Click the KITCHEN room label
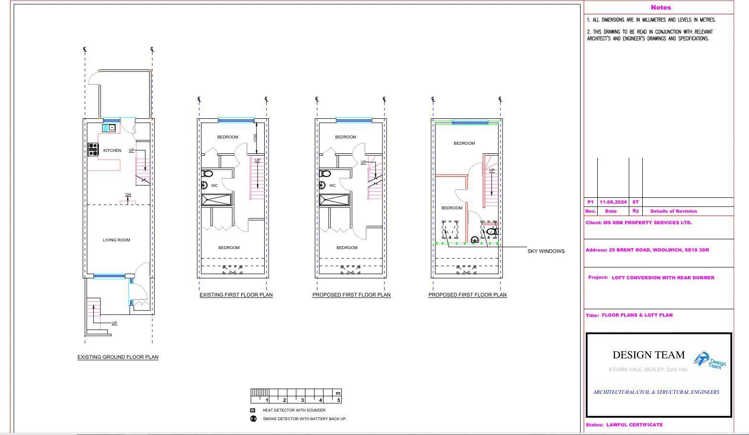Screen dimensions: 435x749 pyautogui.click(x=112, y=150)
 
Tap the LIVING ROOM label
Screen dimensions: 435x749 pyautogui.click(x=116, y=240)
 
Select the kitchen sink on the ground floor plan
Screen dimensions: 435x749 pyautogui.click(x=109, y=127)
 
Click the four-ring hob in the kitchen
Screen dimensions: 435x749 pyautogui.click(x=93, y=149)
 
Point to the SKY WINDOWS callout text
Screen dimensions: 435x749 pyautogui.click(x=546, y=251)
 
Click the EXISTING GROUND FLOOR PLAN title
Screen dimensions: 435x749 pyautogui.click(x=118, y=357)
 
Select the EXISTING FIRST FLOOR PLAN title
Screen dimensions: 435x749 pyautogui.click(x=236, y=295)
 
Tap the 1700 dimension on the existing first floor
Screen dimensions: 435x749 pyautogui.click(x=256, y=137)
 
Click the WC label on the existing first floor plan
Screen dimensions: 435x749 pyautogui.click(x=214, y=185)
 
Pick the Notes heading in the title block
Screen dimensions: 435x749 pyautogui.click(x=660, y=8)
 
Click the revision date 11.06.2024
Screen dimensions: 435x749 pyautogui.click(x=613, y=202)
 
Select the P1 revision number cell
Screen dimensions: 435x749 pyautogui.click(x=591, y=202)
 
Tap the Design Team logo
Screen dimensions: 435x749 pyautogui.click(x=710, y=360)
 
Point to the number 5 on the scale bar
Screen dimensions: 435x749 pyautogui.click(x=338, y=400)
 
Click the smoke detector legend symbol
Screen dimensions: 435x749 pyautogui.click(x=253, y=419)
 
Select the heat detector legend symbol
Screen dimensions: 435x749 pyautogui.click(x=253, y=410)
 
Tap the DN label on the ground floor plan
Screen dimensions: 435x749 pyautogui.click(x=128, y=195)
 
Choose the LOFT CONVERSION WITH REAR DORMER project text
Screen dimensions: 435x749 pyautogui.click(x=663, y=277)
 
